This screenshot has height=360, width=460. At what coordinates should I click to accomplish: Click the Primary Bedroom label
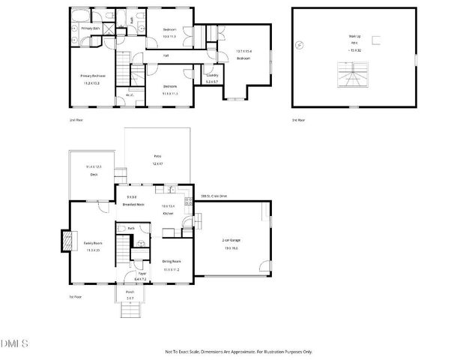tap(93, 76)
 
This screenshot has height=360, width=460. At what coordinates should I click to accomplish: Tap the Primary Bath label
tap(80, 29)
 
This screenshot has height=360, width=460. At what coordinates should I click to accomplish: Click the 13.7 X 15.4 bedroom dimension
tap(243, 51)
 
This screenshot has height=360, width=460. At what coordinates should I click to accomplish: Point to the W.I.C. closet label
tap(130, 94)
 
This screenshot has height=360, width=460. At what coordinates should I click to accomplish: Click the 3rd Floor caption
tap(299, 120)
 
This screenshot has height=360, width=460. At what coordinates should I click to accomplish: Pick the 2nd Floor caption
tap(76, 120)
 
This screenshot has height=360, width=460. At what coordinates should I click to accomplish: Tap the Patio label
tap(157, 157)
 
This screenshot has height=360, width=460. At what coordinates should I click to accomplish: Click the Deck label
tap(93, 174)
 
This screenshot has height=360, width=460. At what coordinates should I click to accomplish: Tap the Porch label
tap(130, 293)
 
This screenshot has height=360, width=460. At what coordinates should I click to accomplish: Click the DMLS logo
tap(15, 344)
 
